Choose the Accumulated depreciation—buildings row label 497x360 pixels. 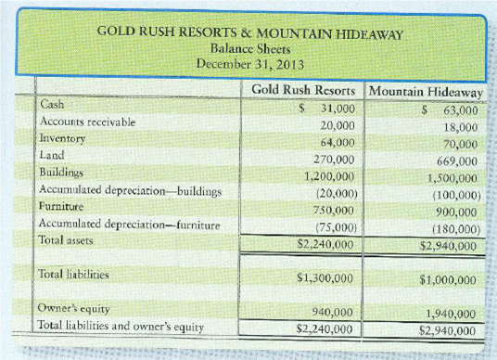[x=131, y=191]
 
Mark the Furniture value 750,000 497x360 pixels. [x=335, y=210]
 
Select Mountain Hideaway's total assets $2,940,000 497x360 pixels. [x=449, y=246]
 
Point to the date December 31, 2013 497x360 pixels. [x=251, y=64]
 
